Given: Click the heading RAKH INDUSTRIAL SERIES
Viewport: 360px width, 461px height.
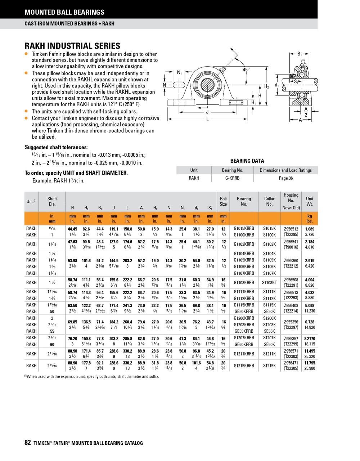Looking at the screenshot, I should click(x=72, y=46).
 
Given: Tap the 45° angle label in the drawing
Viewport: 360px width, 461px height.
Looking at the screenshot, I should click(x=246, y=70).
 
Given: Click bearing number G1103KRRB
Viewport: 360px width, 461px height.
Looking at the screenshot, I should click(x=244, y=244).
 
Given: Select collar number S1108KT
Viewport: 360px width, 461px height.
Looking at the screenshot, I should click(x=269, y=283).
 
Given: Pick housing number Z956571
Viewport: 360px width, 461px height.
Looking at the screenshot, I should click(x=291, y=350).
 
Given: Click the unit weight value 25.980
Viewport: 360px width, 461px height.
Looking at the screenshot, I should click(x=310, y=368).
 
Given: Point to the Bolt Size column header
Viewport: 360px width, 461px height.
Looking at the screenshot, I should click(x=223, y=201).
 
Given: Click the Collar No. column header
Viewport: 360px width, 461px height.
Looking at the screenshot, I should click(x=269, y=201).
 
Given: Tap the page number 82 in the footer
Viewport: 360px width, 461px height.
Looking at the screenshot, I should click(x=28, y=443).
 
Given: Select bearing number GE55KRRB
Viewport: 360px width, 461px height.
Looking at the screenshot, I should click(x=244, y=331).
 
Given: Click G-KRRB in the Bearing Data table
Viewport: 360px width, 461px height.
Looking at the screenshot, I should click(x=232, y=178).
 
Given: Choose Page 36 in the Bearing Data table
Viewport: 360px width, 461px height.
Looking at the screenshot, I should click(x=286, y=178).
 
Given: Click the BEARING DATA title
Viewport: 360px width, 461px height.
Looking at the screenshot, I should click(x=247, y=161).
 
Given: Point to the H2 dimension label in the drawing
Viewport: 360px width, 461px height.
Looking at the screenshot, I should click(x=266, y=86).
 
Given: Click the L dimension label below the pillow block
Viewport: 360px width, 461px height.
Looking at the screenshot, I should click(x=208, y=119).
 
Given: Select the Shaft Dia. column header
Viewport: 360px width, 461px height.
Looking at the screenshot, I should click(x=52, y=201).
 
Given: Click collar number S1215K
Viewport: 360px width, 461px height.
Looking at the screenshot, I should click(x=269, y=366).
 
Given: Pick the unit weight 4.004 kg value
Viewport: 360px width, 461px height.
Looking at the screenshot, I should click(x=310, y=280).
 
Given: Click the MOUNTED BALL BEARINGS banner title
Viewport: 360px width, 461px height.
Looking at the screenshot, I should click(x=64, y=12).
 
